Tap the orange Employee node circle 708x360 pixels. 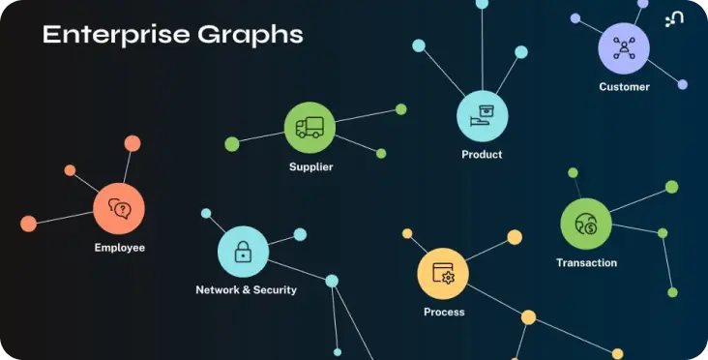119,209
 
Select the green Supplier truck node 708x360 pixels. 310,128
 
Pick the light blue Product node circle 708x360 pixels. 483,116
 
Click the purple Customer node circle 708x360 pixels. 624,48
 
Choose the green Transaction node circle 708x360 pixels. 586,224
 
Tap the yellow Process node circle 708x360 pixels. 443,273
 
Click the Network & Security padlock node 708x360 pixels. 244,252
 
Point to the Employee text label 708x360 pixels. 120,248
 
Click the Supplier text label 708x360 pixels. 311,167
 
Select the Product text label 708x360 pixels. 482,155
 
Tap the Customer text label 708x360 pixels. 625,87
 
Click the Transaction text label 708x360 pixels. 586,262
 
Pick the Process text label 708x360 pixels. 444,313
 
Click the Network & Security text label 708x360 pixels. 246,290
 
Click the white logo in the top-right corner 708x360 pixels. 674,19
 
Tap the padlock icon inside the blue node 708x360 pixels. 244,252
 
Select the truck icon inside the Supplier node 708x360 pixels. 310,128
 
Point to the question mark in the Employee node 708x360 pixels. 123,209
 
